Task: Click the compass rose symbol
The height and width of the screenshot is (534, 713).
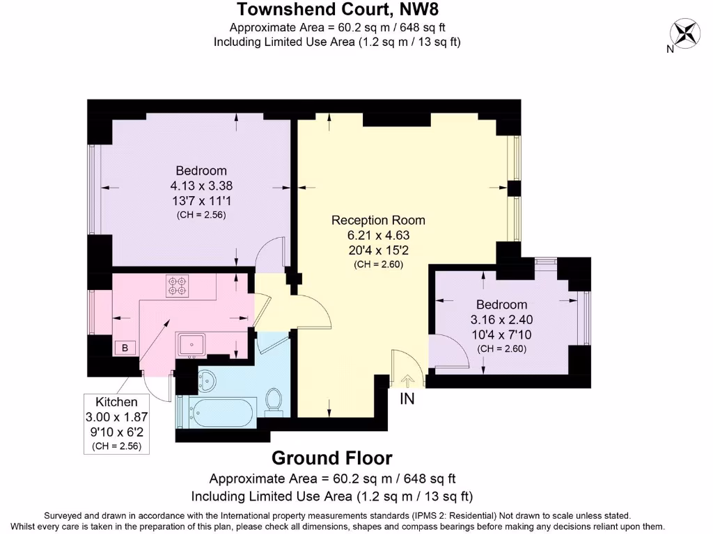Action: coord(685,33)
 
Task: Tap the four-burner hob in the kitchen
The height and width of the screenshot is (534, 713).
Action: coord(178,286)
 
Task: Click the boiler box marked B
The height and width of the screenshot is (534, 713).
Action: coord(125,348)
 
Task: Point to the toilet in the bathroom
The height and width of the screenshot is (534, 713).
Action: coord(273,401)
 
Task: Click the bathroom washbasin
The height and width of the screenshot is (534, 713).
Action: coord(207,380)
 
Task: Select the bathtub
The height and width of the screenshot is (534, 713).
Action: coord(217,412)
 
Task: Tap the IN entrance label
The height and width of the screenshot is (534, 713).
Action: coord(407,398)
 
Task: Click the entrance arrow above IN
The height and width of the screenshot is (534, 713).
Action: coord(407,381)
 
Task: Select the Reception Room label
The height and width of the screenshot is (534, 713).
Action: coord(378,220)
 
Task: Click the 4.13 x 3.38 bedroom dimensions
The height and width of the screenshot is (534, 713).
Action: coord(201,186)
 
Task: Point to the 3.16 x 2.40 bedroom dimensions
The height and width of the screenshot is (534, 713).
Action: coord(501,320)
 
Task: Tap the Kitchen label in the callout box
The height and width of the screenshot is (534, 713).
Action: coord(116,402)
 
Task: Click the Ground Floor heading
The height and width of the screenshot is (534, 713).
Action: coord(332,458)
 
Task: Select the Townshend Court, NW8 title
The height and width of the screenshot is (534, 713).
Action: coord(338,9)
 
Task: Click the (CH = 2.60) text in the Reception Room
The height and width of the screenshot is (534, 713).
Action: coord(378,264)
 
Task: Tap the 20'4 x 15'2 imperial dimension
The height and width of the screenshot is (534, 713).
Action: coord(378,250)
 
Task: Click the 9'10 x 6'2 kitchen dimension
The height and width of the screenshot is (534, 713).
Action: coord(116,432)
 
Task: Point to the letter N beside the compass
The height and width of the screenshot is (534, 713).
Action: coord(670,49)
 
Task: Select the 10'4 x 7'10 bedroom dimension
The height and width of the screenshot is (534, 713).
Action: coord(501,334)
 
